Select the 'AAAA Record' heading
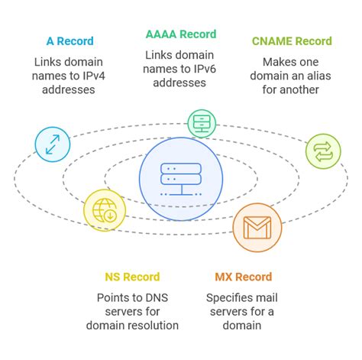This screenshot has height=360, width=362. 181,34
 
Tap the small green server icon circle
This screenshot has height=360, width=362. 203,122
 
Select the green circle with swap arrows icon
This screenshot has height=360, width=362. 323,151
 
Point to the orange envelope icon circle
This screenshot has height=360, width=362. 257,227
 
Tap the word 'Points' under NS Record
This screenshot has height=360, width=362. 115,297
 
